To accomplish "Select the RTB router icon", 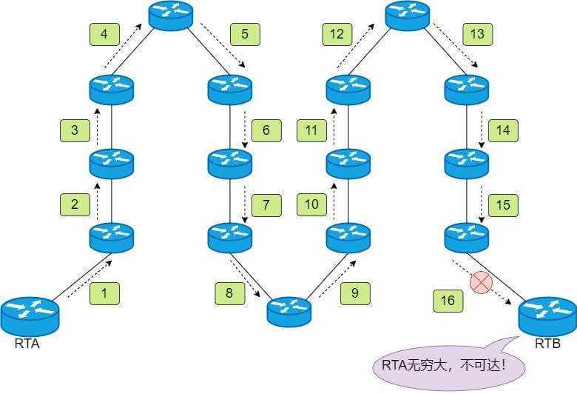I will tap(547, 316).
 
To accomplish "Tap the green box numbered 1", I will tap(104, 293).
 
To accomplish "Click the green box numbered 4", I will tap(104, 34).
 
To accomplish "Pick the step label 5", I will tap(245, 34).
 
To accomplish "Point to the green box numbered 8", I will tap(229, 293).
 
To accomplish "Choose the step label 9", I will tap(355, 293).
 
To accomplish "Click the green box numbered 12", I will tap(337, 34).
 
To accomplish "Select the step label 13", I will tap(477, 34).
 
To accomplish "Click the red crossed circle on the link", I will tap(482, 282).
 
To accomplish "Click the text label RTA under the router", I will tap(27, 344).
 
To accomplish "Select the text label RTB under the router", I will tap(548, 344).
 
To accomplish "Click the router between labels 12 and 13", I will tap(408, 16).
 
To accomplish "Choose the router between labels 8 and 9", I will tap(289, 311).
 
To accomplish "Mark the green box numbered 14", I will tap(503, 131).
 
